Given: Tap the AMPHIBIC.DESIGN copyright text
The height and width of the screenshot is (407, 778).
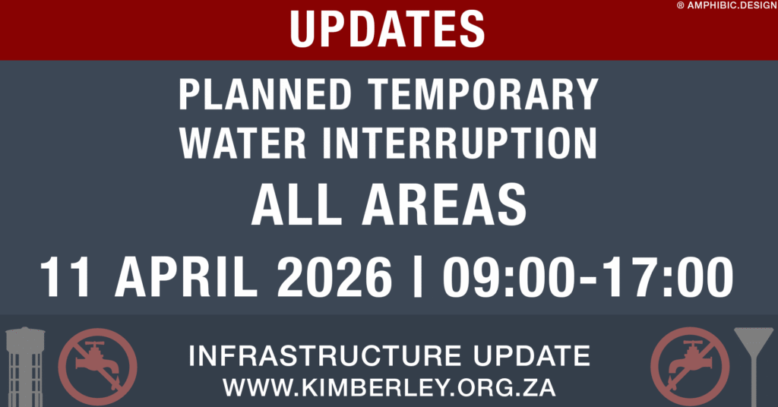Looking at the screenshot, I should (726, 5).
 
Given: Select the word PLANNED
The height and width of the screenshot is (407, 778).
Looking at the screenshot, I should (264, 95).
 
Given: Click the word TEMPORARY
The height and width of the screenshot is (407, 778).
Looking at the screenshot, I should (485, 95).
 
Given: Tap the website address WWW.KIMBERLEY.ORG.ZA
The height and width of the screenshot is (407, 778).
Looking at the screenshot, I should (388, 387).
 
